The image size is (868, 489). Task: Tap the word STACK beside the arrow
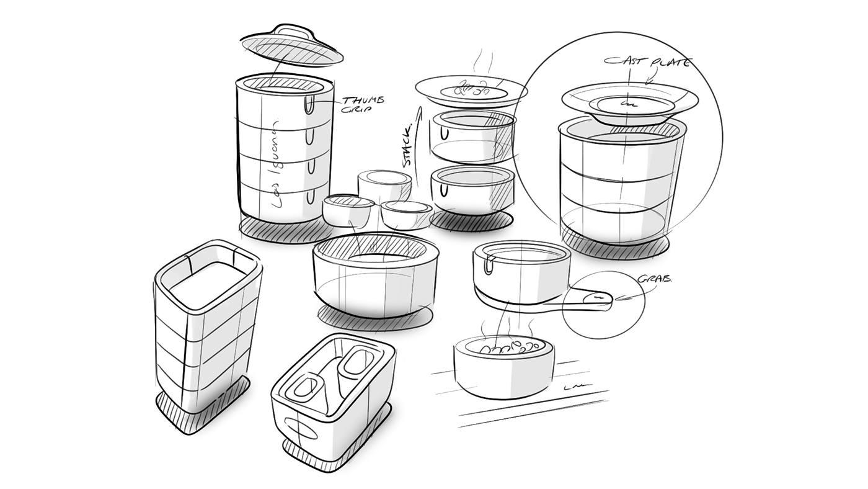[x=407, y=147]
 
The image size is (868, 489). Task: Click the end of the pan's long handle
[x=598, y=300]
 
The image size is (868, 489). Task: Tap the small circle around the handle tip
[x=604, y=305]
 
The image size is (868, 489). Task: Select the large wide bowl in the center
[x=376, y=273]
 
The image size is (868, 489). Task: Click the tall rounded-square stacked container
[x=207, y=323]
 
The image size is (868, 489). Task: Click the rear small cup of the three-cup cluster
[x=385, y=184]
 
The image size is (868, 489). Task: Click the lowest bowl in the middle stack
[x=472, y=189]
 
